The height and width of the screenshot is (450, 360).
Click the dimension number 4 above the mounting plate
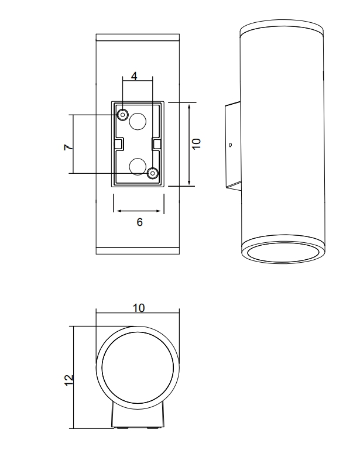click(134, 77)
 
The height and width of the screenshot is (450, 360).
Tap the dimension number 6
click(139, 222)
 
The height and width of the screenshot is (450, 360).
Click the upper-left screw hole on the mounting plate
click(123, 114)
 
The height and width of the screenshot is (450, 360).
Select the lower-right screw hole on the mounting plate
click(153, 173)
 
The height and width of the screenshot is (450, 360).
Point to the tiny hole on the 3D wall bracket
click(230, 145)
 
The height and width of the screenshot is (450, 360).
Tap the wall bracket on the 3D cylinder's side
click(232, 146)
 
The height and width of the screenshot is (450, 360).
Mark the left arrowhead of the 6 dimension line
click(116, 211)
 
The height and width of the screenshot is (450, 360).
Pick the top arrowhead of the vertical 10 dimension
click(190, 106)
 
